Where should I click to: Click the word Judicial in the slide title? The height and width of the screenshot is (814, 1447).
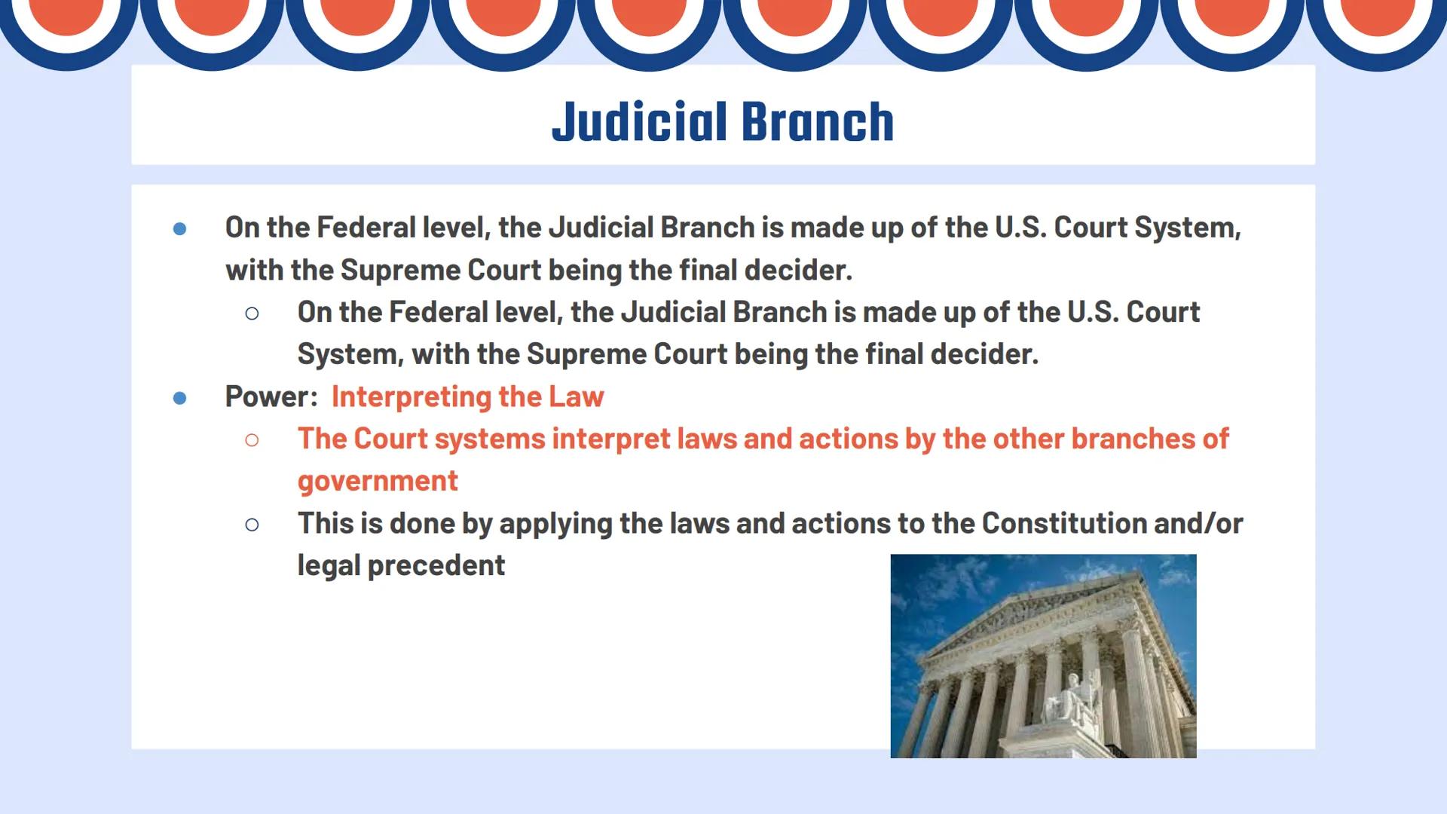640,122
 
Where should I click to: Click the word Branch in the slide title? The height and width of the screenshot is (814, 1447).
818,122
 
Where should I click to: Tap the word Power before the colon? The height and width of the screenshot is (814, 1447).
268,396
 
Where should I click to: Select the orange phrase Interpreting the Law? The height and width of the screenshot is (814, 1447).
467,396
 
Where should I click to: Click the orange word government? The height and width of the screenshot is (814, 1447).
378,481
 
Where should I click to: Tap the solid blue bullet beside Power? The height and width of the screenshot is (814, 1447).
179,397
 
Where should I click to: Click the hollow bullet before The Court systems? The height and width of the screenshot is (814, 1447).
252,439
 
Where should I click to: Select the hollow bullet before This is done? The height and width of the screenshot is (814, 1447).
252,524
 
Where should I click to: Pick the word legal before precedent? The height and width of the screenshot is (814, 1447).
329,565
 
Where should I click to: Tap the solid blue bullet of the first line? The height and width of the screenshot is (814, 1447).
179,228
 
